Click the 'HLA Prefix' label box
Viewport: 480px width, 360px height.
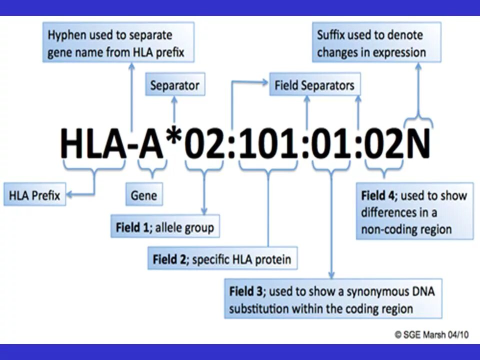(34, 195)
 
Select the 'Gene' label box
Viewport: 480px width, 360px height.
(143, 195)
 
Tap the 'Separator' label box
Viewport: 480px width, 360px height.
(174, 85)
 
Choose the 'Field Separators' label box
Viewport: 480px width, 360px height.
(314, 85)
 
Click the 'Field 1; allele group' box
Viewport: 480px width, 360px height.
(165, 227)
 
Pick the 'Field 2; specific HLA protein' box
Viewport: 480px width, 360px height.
(222, 259)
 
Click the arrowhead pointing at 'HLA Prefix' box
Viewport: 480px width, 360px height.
(69, 195)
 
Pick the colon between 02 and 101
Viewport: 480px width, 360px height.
(231, 145)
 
